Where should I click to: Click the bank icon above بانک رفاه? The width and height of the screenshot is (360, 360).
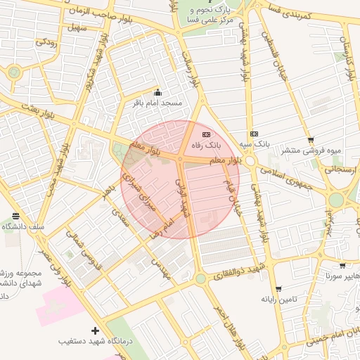point(206,134)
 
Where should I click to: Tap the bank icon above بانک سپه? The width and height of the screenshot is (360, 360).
point(254,134)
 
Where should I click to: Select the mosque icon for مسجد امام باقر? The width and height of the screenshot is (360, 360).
point(157,93)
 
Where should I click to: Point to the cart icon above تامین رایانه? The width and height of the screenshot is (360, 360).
point(278,289)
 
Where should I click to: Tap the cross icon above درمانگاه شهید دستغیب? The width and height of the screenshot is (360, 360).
point(96,330)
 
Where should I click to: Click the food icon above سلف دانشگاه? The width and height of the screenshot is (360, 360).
point(15,216)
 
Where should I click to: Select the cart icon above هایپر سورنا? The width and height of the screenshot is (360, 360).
point(342,266)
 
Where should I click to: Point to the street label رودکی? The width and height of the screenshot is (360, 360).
point(46,43)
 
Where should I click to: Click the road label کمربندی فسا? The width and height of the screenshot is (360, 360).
point(288,14)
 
